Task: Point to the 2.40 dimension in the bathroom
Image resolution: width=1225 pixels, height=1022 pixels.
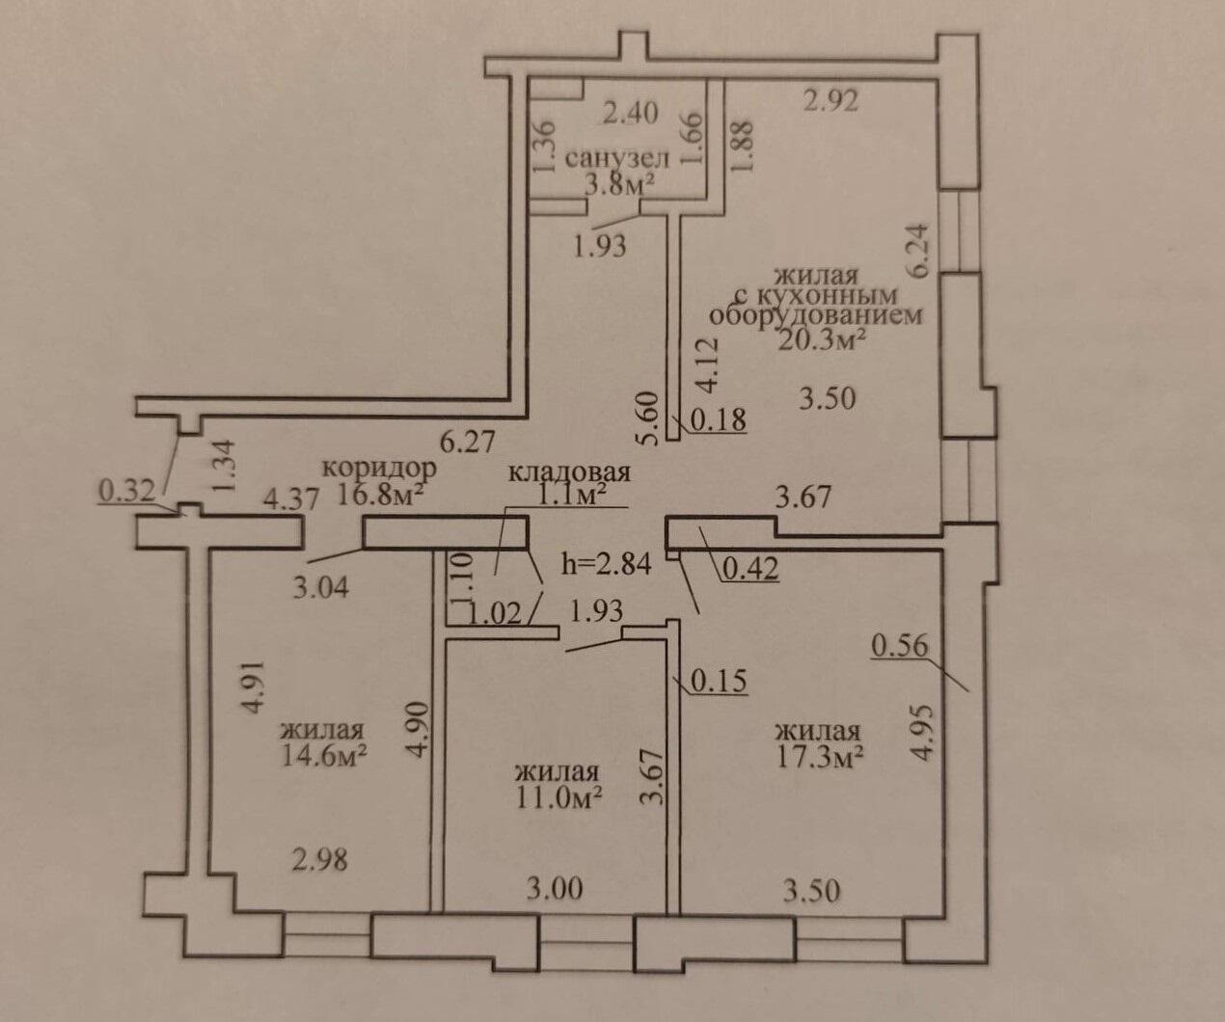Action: pos(630,114)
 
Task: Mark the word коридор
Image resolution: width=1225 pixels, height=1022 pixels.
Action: pos(379,468)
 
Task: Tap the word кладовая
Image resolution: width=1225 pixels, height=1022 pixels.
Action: pos(569,472)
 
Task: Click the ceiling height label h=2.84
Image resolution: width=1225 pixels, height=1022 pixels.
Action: pos(607,563)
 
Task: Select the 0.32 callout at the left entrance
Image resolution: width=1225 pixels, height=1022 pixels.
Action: pos(126,492)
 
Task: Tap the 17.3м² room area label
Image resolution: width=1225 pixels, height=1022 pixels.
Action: pos(819,757)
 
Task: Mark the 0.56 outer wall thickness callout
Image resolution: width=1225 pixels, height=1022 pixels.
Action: pos(899,645)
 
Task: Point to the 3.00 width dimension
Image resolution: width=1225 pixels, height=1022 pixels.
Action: pos(555,887)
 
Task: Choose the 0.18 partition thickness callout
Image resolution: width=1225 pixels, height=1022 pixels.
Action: pos(718,420)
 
